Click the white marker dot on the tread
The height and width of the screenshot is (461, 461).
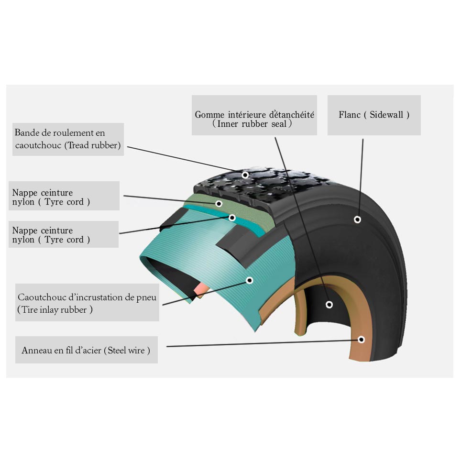(x=245, y=175)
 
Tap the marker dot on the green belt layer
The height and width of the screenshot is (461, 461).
(x=219, y=203)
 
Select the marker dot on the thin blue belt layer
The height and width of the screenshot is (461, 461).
(x=232, y=218)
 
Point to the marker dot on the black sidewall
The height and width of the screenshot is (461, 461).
(x=357, y=220)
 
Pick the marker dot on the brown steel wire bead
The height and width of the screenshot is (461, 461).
(x=362, y=340)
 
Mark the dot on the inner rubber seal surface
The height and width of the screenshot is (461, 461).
(x=329, y=304)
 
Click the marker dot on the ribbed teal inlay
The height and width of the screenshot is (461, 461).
(x=249, y=280)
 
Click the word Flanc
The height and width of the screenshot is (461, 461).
(x=350, y=115)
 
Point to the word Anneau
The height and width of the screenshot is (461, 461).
(x=36, y=351)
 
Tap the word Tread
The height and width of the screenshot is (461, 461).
(x=80, y=145)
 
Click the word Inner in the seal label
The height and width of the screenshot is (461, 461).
(x=230, y=124)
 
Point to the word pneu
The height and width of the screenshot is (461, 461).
(x=146, y=298)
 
